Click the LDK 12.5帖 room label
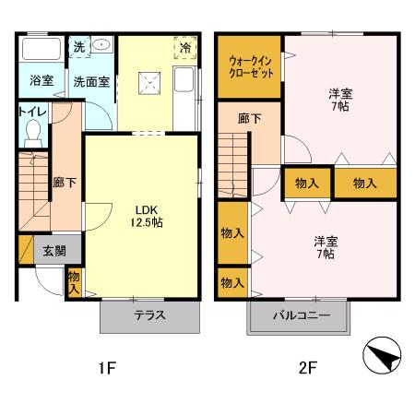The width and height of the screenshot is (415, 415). pos(145,215)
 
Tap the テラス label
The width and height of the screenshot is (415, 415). pos(150,315)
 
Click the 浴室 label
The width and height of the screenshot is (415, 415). pos(40,80)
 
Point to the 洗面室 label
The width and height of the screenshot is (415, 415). pos(91,80)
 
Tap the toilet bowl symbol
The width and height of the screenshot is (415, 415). pos(33,136)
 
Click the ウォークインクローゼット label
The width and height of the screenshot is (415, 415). pos(250,66)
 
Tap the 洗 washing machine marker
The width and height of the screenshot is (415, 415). pos(78,45)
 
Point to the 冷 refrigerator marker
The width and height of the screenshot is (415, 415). pos(185,45)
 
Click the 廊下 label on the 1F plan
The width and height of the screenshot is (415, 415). pos(65,183)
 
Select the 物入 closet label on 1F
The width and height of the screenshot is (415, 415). pos(74,279)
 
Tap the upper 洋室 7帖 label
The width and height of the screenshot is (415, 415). pos(341,100)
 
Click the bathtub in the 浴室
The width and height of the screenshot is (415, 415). pos(41,49)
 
